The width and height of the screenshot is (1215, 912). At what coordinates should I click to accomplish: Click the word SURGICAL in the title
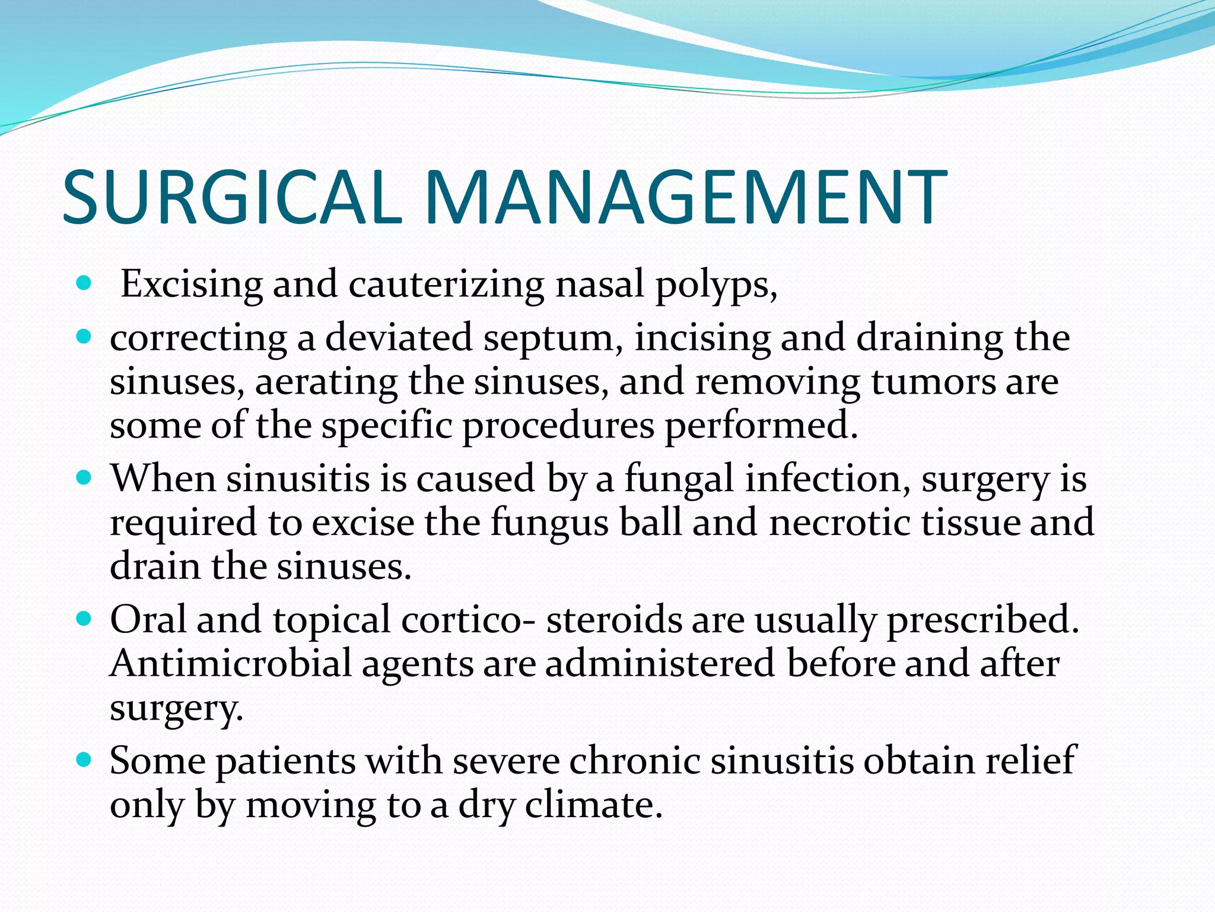point(228,197)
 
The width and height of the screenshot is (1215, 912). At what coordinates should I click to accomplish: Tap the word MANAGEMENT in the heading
point(685,197)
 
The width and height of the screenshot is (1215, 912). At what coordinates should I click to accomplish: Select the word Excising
point(191,285)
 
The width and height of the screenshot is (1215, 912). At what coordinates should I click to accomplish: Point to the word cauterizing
point(446,285)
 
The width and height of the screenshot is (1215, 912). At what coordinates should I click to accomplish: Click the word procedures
point(558,426)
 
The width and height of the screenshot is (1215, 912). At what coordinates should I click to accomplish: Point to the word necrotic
point(839,522)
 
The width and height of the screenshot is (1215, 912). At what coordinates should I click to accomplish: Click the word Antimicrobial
point(231,663)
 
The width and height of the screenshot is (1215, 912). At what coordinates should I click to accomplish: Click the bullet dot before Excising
point(84,283)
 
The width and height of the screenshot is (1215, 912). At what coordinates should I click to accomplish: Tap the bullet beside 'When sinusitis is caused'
point(84,477)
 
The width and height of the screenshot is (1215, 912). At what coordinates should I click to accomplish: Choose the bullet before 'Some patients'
point(84,759)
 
